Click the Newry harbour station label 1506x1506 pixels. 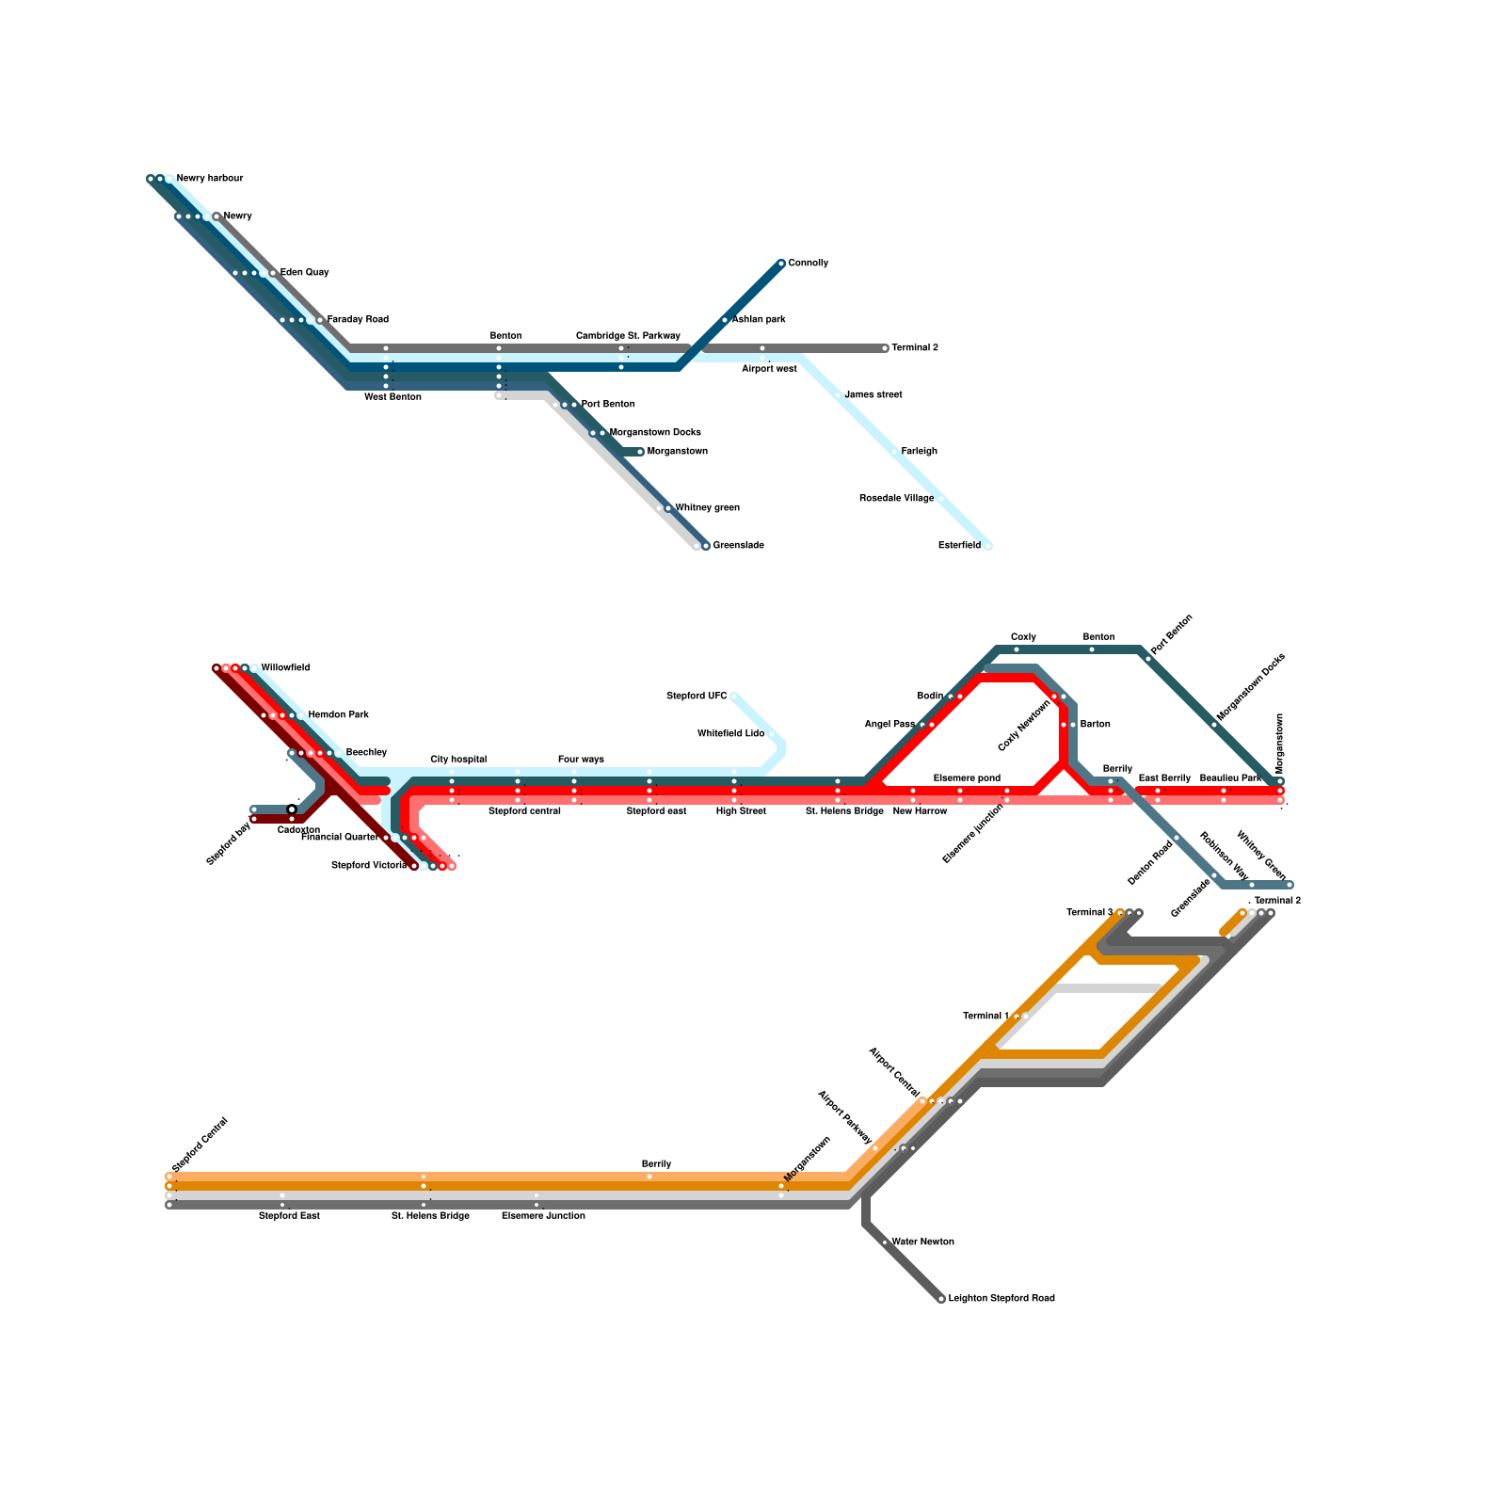210,179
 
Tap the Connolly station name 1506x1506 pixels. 809,264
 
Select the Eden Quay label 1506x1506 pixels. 305,273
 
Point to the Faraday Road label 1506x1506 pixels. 358,320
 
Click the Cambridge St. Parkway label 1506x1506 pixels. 628,336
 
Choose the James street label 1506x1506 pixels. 873,395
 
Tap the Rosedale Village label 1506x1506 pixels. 896,499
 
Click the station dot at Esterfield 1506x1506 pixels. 988,546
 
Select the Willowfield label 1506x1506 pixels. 285,668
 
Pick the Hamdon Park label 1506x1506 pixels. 339,715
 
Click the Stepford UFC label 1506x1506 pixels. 697,697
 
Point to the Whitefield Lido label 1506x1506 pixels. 730,734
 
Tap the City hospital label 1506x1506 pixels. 458,760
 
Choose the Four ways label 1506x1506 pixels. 581,760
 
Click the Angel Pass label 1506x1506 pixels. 889,725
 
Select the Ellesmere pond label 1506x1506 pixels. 967,778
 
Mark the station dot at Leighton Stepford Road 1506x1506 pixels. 941,1299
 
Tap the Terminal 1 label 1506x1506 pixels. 985,1017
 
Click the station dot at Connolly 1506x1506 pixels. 781,264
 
